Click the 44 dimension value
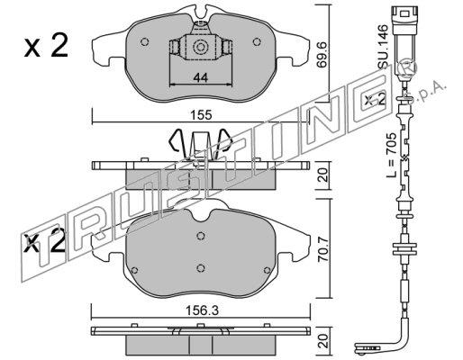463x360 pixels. (201, 78)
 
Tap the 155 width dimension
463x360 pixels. (202, 115)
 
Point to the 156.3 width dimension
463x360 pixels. (202, 310)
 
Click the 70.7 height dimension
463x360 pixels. (324, 248)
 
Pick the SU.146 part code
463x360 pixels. (384, 47)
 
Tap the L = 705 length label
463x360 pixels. (392, 155)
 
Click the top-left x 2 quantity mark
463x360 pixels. (46, 46)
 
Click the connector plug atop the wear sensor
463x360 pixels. (404, 22)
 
